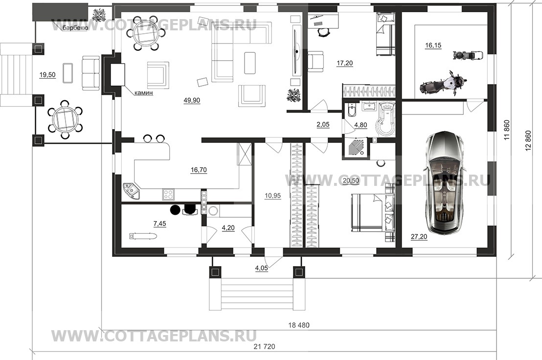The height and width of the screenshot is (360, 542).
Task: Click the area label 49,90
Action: coord(192,101)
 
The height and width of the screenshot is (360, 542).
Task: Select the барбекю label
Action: coord(75,28)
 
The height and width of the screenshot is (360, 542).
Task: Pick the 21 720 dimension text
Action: coord(265,346)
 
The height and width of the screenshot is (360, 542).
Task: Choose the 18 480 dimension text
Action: coord(299,325)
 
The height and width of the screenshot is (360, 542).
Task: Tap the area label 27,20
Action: coord(419,237)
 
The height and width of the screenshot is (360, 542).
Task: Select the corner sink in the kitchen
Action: coord(131,190)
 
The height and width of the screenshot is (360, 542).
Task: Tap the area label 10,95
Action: coord(273,196)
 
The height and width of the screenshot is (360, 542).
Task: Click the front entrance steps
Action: coord(256,294)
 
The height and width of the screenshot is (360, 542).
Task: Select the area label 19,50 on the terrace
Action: coord(47,75)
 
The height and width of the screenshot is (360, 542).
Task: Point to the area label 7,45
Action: coord(159,224)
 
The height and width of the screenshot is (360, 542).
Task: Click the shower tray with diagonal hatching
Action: coord(355,147)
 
